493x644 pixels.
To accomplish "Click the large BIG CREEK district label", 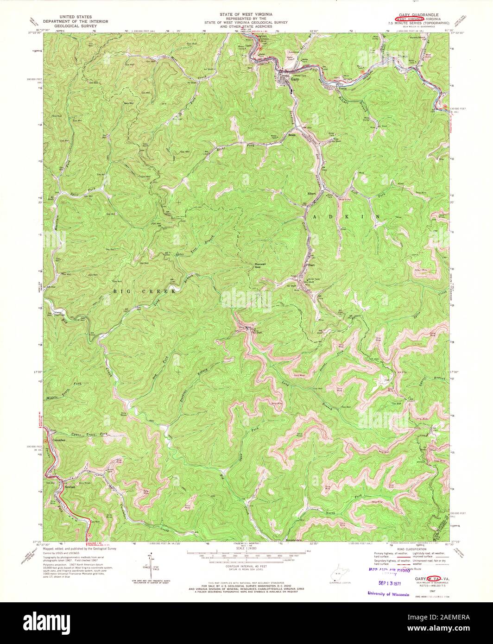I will (x=144, y=291).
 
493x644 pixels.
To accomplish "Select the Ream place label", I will (x=292, y=136).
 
